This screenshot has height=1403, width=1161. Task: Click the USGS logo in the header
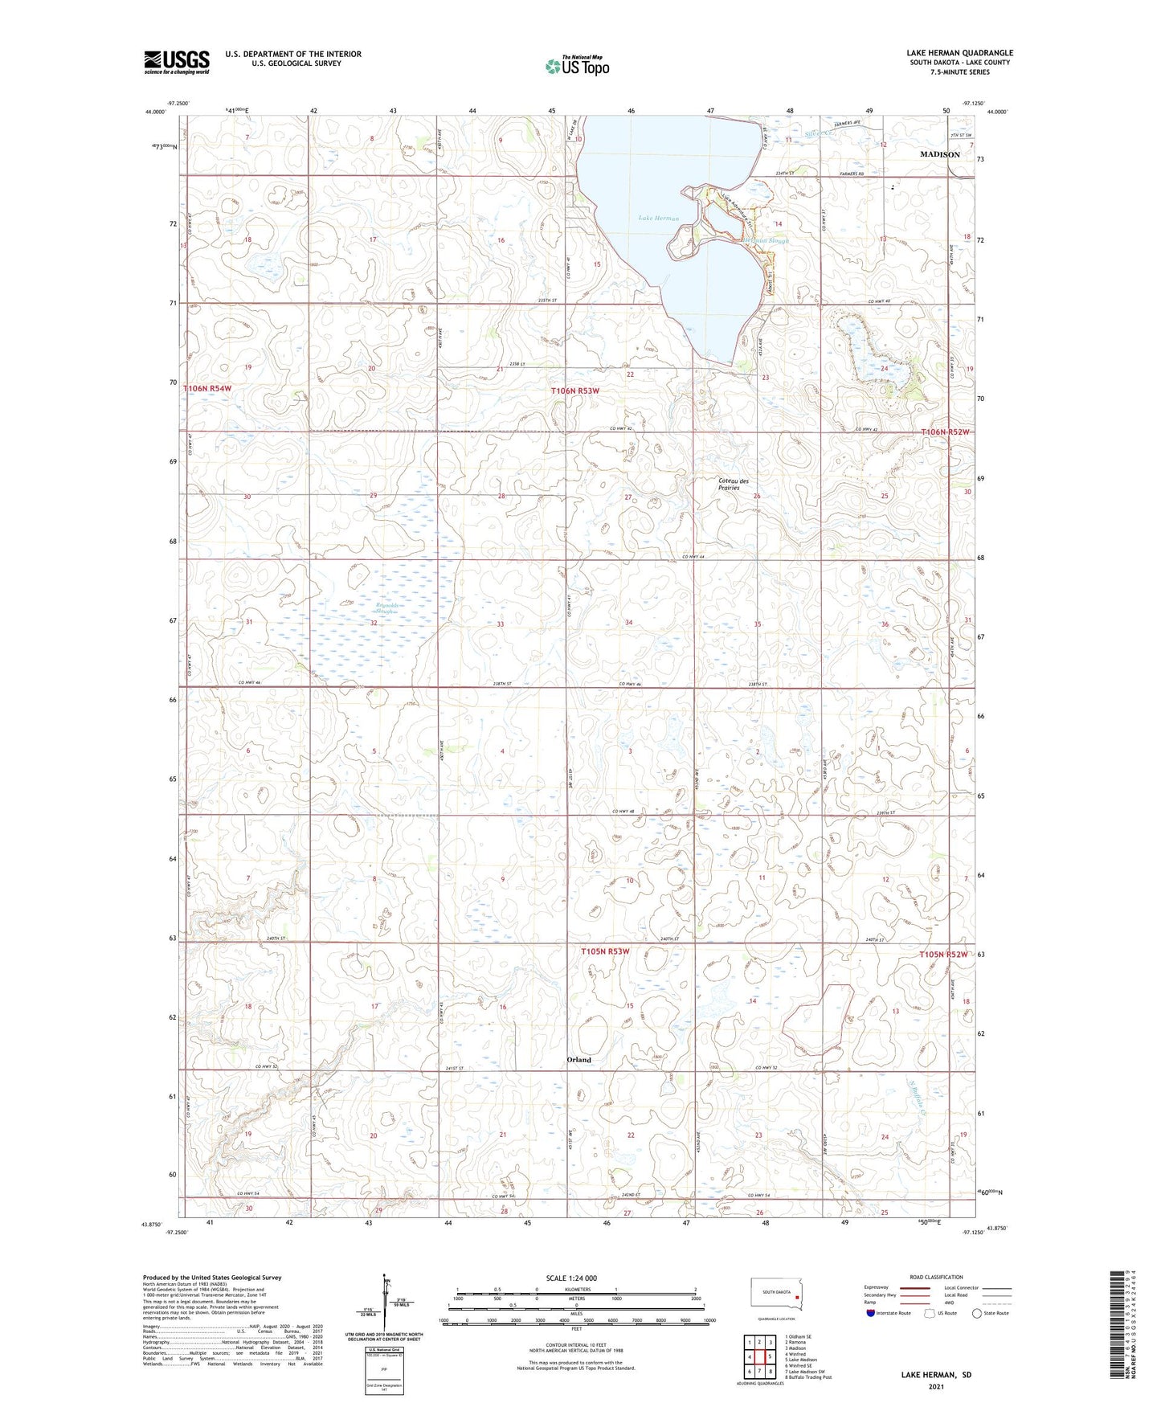coord(177,62)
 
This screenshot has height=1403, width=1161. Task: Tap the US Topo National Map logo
coord(576,66)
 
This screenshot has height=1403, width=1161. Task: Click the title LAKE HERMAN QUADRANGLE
coord(959,53)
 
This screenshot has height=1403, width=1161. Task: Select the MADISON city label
coord(939,154)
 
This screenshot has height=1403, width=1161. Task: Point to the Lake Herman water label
coord(658,218)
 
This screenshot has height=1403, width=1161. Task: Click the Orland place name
coord(578,1059)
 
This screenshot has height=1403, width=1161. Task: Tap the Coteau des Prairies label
coord(733,485)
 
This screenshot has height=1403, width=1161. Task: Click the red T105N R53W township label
coord(605,951)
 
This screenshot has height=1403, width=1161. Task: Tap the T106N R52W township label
coord(945,432)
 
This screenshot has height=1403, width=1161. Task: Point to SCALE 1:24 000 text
coord(571,1278)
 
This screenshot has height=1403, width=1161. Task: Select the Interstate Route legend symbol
coord(872,1313)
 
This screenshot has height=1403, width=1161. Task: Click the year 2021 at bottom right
coord(935,1386)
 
